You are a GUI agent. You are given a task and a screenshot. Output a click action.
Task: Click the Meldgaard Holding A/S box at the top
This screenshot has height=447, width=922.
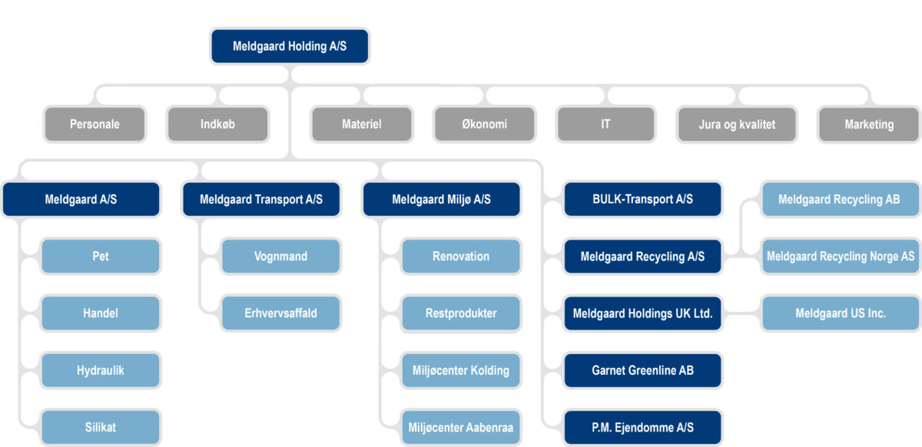290,47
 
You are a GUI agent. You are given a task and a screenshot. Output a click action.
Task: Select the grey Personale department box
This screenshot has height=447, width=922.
95,124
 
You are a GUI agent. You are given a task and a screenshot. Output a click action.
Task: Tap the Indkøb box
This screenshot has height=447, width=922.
217,124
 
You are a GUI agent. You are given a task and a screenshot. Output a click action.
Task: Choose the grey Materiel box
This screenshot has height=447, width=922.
361,124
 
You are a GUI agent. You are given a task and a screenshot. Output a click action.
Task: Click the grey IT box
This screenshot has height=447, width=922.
605,124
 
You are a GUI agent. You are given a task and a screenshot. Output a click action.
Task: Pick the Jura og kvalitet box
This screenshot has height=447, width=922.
737,124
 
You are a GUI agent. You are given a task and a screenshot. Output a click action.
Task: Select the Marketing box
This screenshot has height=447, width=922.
869,124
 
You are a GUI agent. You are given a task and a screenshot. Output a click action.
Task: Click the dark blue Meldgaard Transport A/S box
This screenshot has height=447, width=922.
261,200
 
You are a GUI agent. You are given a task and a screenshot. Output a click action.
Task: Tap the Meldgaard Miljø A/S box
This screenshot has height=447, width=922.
441,200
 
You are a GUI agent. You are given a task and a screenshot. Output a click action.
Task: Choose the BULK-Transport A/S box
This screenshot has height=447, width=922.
642,199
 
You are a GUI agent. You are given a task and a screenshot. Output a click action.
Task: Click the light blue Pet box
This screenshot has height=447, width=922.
101,257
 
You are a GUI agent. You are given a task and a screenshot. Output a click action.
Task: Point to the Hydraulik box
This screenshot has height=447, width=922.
101,370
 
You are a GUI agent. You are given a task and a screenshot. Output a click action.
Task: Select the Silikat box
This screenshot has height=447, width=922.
101,427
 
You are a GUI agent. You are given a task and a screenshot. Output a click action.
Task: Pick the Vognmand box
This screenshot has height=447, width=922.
280,257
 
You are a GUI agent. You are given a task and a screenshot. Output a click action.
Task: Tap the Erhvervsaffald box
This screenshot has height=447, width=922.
280,313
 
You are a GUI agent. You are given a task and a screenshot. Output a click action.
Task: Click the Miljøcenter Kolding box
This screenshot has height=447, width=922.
460,370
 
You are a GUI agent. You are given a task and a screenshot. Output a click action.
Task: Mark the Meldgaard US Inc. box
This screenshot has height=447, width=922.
841,313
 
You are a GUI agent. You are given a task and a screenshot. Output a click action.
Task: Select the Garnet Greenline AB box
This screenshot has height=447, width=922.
642,370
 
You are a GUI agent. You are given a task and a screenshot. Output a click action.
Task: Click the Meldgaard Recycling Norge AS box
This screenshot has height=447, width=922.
841,257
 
